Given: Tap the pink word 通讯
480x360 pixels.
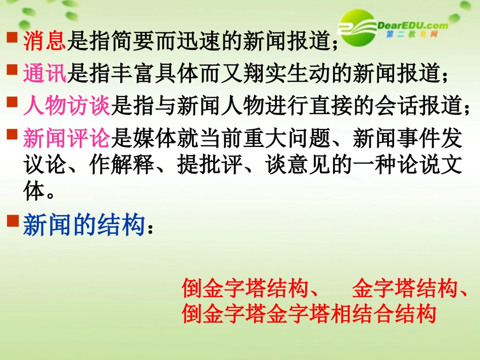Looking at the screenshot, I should (44, 74).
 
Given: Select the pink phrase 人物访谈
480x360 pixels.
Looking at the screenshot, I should (66, 106).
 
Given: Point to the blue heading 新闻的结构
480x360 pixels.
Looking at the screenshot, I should (84, 225).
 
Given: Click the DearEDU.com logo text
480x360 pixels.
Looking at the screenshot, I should (412, 25).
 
